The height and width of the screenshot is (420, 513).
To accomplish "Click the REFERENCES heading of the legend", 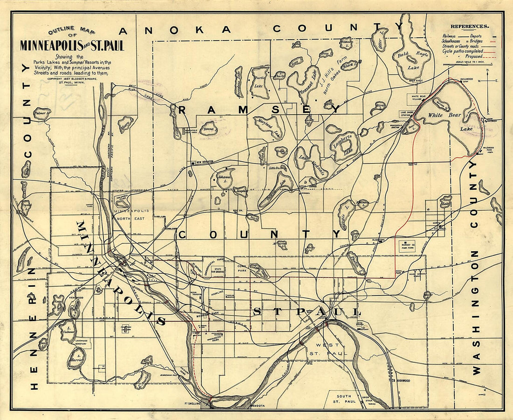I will (470, 27).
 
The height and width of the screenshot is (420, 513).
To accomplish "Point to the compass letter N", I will (487, 71).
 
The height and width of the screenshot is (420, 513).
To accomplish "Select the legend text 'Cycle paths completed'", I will (462, 51).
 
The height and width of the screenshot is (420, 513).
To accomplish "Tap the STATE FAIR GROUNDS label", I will (218, 270).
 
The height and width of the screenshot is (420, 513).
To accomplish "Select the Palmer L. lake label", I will (41, 112).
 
